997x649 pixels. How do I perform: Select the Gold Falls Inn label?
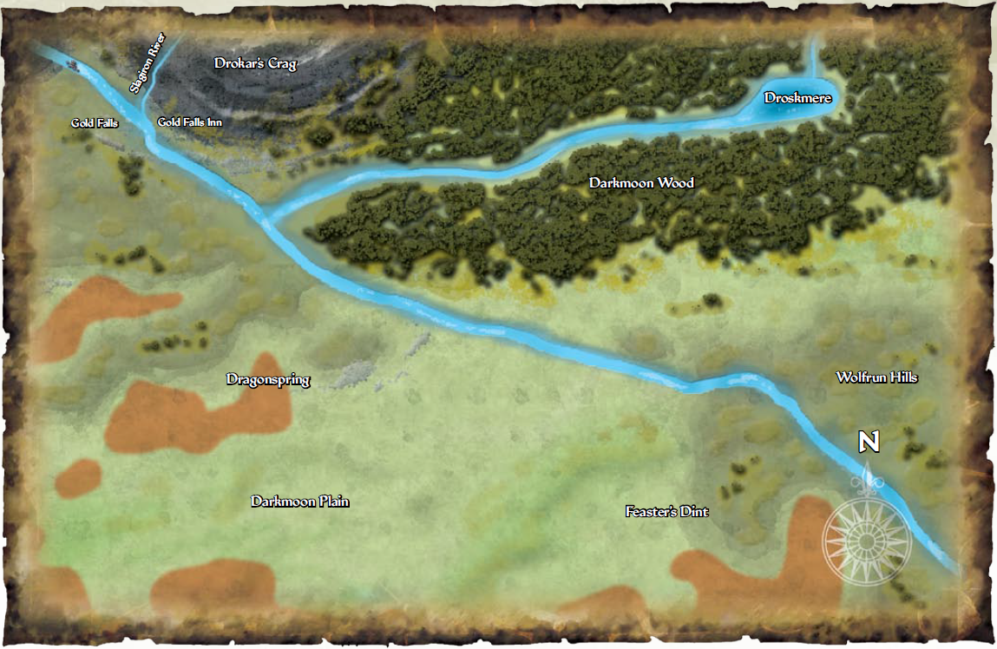(x=189, y=122)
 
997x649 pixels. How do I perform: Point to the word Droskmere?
(x=797, y=98)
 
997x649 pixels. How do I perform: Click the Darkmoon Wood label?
(x=641, y=183)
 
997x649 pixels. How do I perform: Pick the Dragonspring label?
(x=268, y=379)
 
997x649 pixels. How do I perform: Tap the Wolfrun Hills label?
(x=876, y=377)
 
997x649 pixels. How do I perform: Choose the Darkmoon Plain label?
(x=300, y=501)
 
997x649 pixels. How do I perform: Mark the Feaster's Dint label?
(x=666, y=512)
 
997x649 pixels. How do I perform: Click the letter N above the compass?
(x=869, y=442)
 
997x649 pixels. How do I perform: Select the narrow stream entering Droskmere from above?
(x=815, y=61)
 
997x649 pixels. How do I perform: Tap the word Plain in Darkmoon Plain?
(x=332, y=501)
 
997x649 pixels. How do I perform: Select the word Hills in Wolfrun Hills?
(x=900, y=377)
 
